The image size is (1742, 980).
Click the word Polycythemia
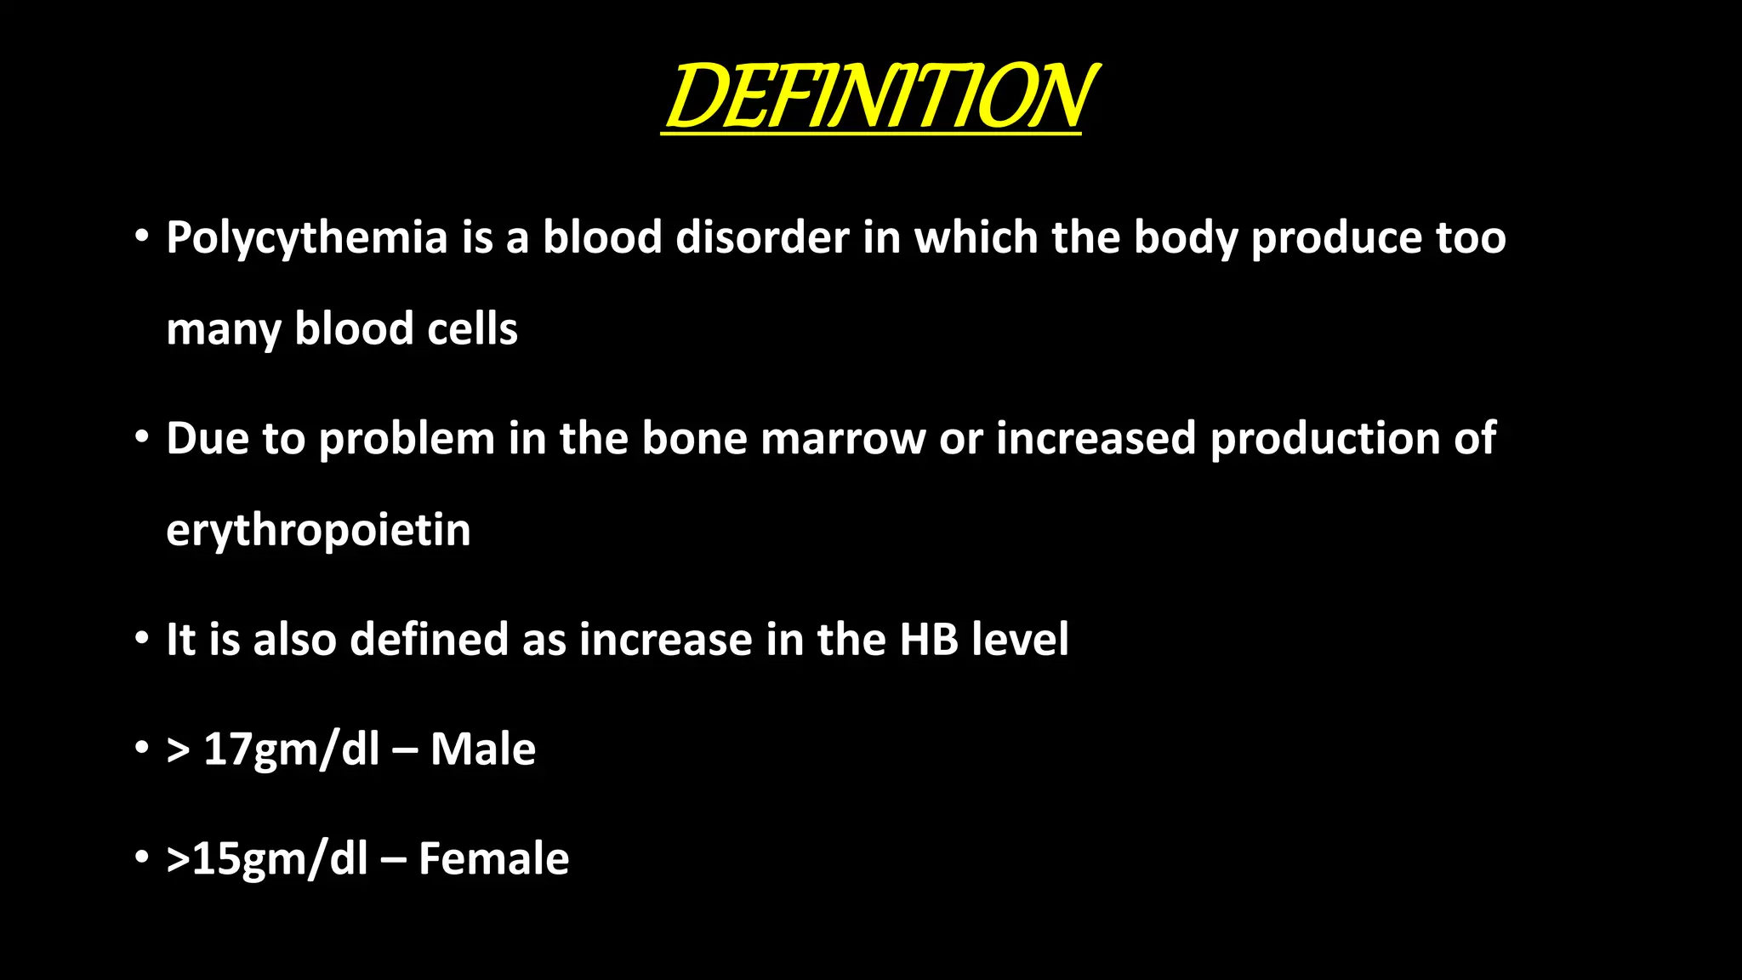coord(306,238)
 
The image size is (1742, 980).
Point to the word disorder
coord(762,236)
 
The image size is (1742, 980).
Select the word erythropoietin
coord(318,531)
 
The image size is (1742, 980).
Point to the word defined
coord(429,639)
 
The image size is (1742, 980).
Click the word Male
coord(483,749)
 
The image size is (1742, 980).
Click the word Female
coord(493,858)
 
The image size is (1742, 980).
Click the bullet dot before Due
coord(142,436)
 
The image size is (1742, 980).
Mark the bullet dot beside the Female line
coord(142,856)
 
